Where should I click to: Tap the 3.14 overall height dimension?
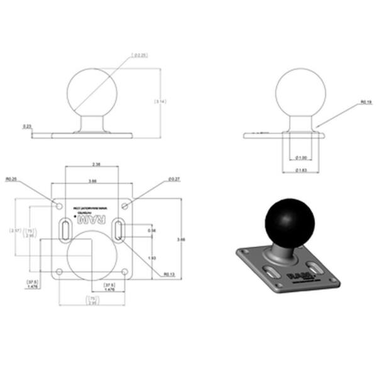(160, 101)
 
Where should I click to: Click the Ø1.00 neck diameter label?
(302, 157)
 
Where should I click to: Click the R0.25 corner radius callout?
(11, 179)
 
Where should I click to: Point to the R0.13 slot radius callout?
(168, 274)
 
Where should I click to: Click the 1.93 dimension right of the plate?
(151, 258)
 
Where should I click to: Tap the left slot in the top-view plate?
(65, 230)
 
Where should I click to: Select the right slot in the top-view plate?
(119, 230)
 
